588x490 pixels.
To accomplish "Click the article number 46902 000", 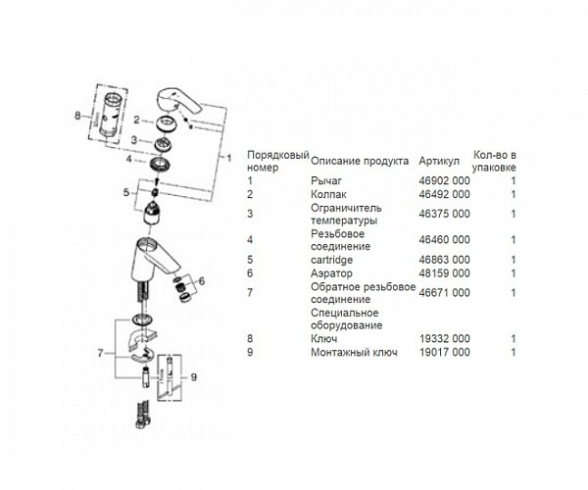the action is pos(444,181).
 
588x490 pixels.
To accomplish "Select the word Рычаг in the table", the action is pos(326,181).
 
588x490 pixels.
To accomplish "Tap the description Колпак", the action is pos(328,195).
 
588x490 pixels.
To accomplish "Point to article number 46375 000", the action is pos(444,214).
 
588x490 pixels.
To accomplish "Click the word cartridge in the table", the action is pos(331,260).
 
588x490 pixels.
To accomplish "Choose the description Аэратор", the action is pos(331,273).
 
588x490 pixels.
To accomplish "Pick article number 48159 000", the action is pos(444,273).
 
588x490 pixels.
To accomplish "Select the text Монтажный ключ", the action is pos(354,353).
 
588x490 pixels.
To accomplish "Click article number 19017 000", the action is pos(444,353).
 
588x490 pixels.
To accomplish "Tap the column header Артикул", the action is pos(439,161).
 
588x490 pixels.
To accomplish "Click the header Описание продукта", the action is pos(360,161).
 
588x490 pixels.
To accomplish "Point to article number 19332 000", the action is pos(444,339).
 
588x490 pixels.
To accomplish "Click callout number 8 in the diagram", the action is pos(77,116).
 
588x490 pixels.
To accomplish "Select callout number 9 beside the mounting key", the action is pos(193,377).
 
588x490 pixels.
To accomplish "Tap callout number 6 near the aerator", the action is pos(202,281).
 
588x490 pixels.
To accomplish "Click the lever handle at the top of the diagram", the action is pos(177,101).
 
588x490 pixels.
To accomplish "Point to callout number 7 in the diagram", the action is pos(100,353).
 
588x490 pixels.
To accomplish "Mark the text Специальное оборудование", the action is pos(347,319).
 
